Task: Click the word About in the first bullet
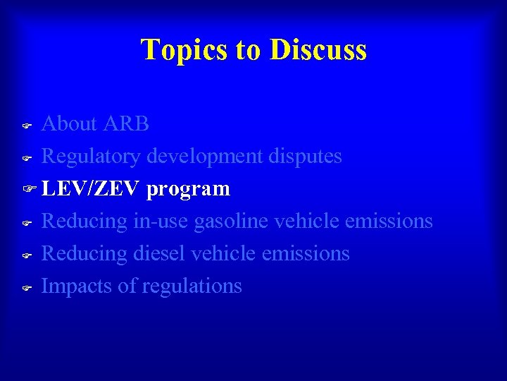coord(69,124)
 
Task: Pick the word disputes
coord(305,157)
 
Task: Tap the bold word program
coord(189,189)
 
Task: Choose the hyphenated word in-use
coord(161,222)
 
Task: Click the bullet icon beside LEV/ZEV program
coord(28,190)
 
